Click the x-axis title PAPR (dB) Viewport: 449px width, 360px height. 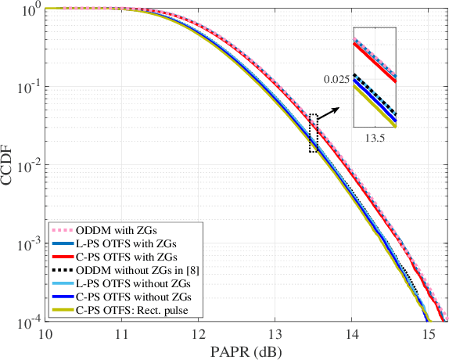click(246, 350)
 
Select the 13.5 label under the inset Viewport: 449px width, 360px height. click(375, 137)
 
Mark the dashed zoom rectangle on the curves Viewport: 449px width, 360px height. click(314, 133)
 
